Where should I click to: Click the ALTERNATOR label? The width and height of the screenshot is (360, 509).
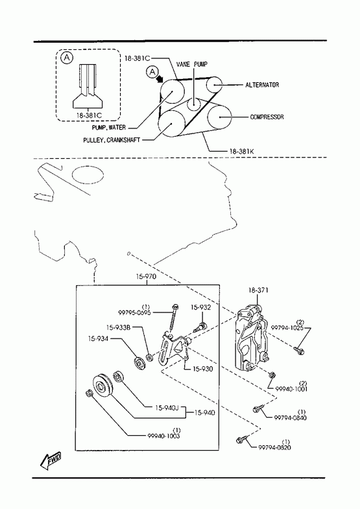[262, 85]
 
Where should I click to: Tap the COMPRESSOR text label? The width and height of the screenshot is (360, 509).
[267, 117]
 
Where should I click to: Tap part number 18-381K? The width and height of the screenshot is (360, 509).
[241, 151]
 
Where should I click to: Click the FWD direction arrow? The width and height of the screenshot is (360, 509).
[51, 460]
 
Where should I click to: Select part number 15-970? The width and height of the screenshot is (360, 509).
[146, 277]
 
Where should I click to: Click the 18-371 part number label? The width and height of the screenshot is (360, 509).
[258, 290]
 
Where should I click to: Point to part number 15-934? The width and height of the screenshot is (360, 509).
[98, 338]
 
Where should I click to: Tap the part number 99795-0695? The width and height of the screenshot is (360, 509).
[134, 313]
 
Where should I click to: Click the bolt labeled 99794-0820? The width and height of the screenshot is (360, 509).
[241, 440]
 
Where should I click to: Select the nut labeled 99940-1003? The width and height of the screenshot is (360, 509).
[90, 394]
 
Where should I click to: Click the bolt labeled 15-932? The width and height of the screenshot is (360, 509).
[199, 327]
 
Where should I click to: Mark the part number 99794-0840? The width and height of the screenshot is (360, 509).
[291, 418]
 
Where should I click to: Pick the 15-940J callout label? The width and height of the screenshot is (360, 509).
[167, 408]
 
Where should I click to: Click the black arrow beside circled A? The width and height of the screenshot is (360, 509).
[160, 78]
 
